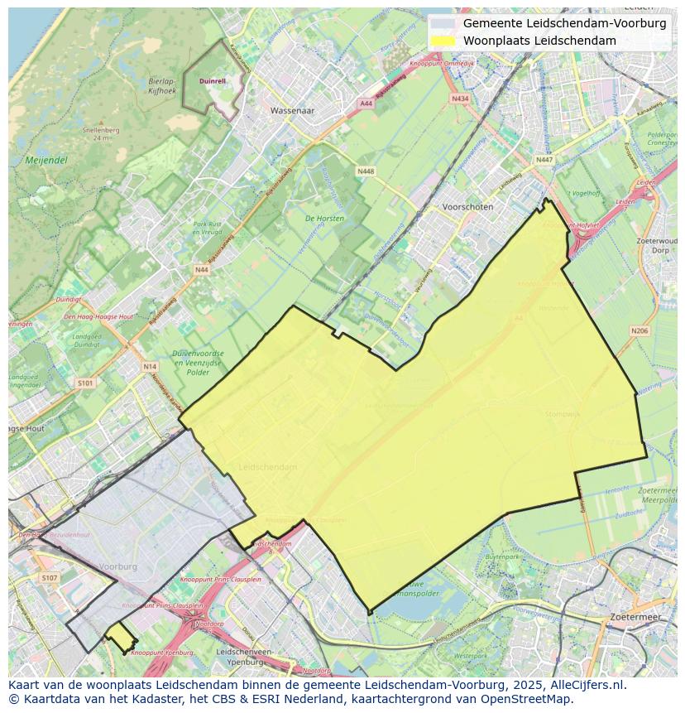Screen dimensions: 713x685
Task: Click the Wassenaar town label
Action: point(294,109)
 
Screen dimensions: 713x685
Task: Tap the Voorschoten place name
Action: point(467,207)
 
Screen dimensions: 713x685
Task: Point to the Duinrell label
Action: point(213,81)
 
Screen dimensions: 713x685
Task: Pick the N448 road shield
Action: point(365,171)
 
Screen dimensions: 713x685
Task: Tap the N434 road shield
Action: point(460,99)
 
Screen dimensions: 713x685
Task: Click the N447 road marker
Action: point(544,160)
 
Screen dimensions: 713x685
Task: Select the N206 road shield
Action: point(639,331)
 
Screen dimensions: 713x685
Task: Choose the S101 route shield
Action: point(85,383)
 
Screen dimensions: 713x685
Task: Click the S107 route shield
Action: point(50,578)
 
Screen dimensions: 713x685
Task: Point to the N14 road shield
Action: point(149,366)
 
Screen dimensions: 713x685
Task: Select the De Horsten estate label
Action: point(324,219)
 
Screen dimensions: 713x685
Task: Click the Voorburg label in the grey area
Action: point(117,566)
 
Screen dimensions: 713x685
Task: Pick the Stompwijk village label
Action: point(563,413)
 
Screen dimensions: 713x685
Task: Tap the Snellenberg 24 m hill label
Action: point(97,133)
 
